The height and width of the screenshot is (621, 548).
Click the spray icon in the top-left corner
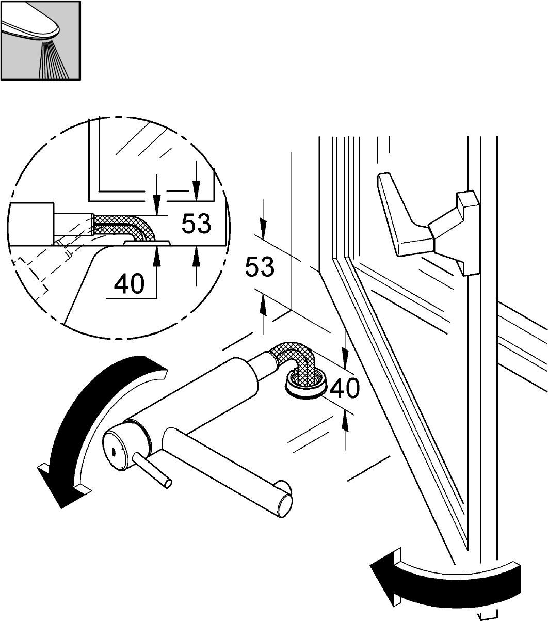(x=40, y=40)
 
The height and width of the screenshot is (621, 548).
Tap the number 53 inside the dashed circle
(x=196, y=224)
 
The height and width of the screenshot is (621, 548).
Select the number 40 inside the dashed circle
(x=129, y=284)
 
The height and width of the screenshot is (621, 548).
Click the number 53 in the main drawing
(x=260, y=267)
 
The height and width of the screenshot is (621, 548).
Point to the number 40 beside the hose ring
(x=344, y=388)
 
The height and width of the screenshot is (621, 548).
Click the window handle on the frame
(x=428, y=224)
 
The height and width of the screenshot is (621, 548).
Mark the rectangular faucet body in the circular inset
(x=30, y=224)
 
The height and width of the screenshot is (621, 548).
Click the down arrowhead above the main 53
(x=263, y=228)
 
